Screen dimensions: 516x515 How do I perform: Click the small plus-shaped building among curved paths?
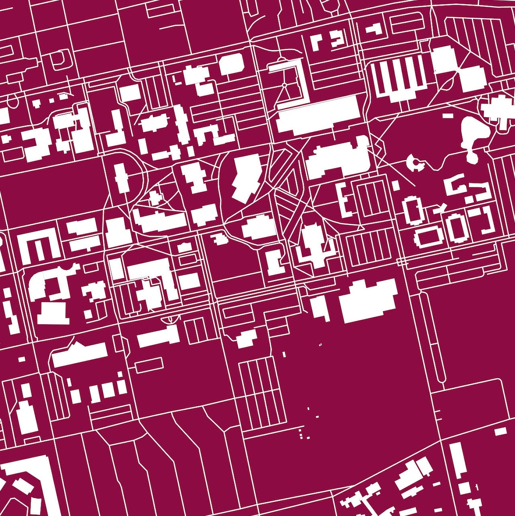coord(155,198)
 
